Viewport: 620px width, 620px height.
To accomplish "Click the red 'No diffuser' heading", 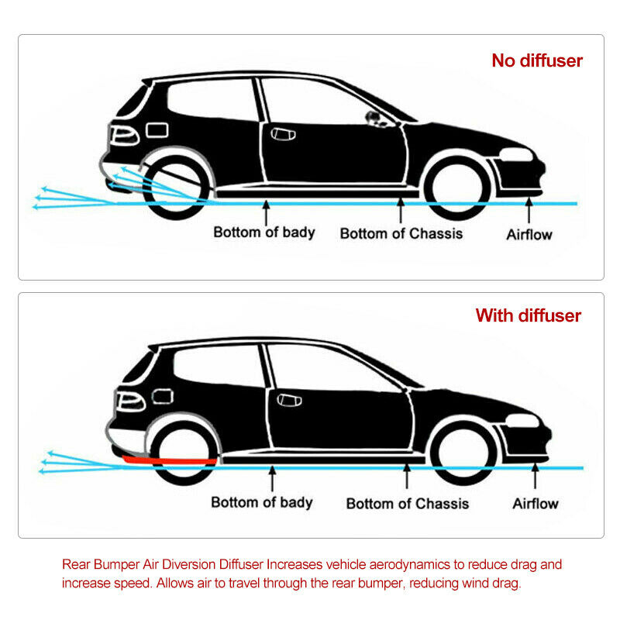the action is tap(537, 60).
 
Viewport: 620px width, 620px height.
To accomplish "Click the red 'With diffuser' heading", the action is tap(529, 315).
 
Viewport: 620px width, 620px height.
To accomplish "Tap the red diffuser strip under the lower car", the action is tap(169, 460).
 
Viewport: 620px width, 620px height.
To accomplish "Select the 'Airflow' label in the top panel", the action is tap(529, 235).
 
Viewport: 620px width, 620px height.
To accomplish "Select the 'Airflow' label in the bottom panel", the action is tap(536, 503).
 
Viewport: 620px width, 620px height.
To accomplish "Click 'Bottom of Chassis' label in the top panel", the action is tap(401, 233).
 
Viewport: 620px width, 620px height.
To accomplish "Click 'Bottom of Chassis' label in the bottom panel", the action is tap(408, 503).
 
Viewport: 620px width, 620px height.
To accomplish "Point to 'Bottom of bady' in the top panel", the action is tap(264, 232).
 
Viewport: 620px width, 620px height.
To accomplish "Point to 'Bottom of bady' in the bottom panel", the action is tap(262, 502).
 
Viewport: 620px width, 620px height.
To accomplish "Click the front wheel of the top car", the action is tap(458, 188).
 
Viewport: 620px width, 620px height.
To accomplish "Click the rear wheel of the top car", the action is tap(176, 188).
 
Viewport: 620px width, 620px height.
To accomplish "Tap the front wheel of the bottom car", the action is tap(463, 453).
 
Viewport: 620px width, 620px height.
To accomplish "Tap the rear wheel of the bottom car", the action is tap(184, 453).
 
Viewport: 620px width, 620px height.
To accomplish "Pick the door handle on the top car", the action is tap(283, 134).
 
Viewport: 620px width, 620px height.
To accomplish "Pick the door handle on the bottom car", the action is tap(289, 400).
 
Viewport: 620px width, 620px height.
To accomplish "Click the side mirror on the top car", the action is tap(374, 119).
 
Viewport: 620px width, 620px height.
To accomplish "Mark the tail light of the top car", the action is tap(124, 135).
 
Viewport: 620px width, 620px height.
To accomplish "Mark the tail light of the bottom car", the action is tap(130, 401).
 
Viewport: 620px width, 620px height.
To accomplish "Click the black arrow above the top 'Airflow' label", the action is tap(529, 210).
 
